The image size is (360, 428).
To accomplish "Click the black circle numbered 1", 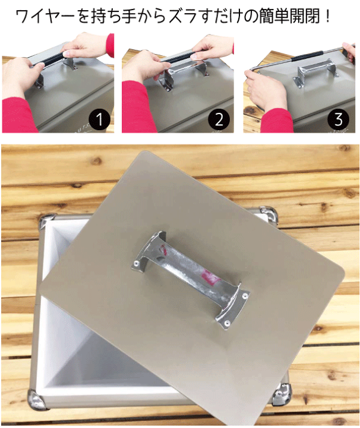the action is pyautogui.click(x=99, y=119).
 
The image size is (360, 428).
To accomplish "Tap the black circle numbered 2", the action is pyautogui.click(x=219, y=119).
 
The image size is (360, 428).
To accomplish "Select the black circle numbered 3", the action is pyautogui.click(x=338, y=119).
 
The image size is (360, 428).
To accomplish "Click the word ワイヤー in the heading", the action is pyautogui.click(x=45, y=17).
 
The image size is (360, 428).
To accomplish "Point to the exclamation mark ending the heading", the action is pyautogui.click(x=327, y=17).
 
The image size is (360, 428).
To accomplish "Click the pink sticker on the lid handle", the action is pyautogui.click(x=210, y=276).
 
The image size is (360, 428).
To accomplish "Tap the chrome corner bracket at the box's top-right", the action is pyautogui.click(x=269, y=215).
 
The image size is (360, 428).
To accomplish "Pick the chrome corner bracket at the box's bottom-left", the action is pyautogui.click(x=36, y=399).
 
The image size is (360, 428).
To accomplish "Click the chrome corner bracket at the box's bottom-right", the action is pyautogui.click(x=281, y=395).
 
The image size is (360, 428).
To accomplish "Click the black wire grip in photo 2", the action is pyautogui.click(x=178, y=58).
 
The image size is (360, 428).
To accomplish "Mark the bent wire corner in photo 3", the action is pyautogui.click(x=253, y=69).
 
